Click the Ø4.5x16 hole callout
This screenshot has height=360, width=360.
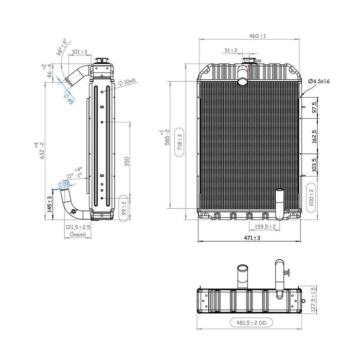(319, 82)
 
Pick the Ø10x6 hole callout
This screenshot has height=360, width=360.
(127, 82)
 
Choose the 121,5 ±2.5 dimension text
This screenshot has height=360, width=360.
(78, 227)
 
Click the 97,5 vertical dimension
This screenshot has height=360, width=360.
(314, 108)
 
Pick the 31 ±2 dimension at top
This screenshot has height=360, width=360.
(230, 50)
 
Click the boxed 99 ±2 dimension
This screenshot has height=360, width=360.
(124, 207)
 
